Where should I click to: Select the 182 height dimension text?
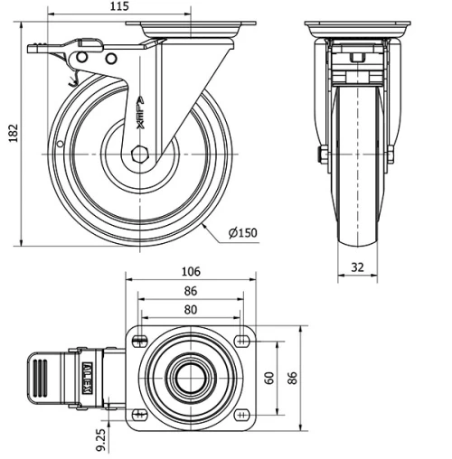click(10, 132)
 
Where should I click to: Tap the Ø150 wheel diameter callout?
click(243, 233)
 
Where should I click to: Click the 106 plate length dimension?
click(191, 271)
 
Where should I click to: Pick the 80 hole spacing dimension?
click(191, 309)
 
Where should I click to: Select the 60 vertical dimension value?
click(268, 377)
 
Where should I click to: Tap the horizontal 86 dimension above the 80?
click(191, 291)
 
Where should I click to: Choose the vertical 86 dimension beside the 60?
click(292, 377)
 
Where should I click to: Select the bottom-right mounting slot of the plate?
click(242, 414)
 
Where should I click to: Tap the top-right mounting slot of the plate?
click(242, 341)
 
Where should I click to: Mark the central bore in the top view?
click(191, 377)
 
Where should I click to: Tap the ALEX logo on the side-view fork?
click(141, 116)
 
